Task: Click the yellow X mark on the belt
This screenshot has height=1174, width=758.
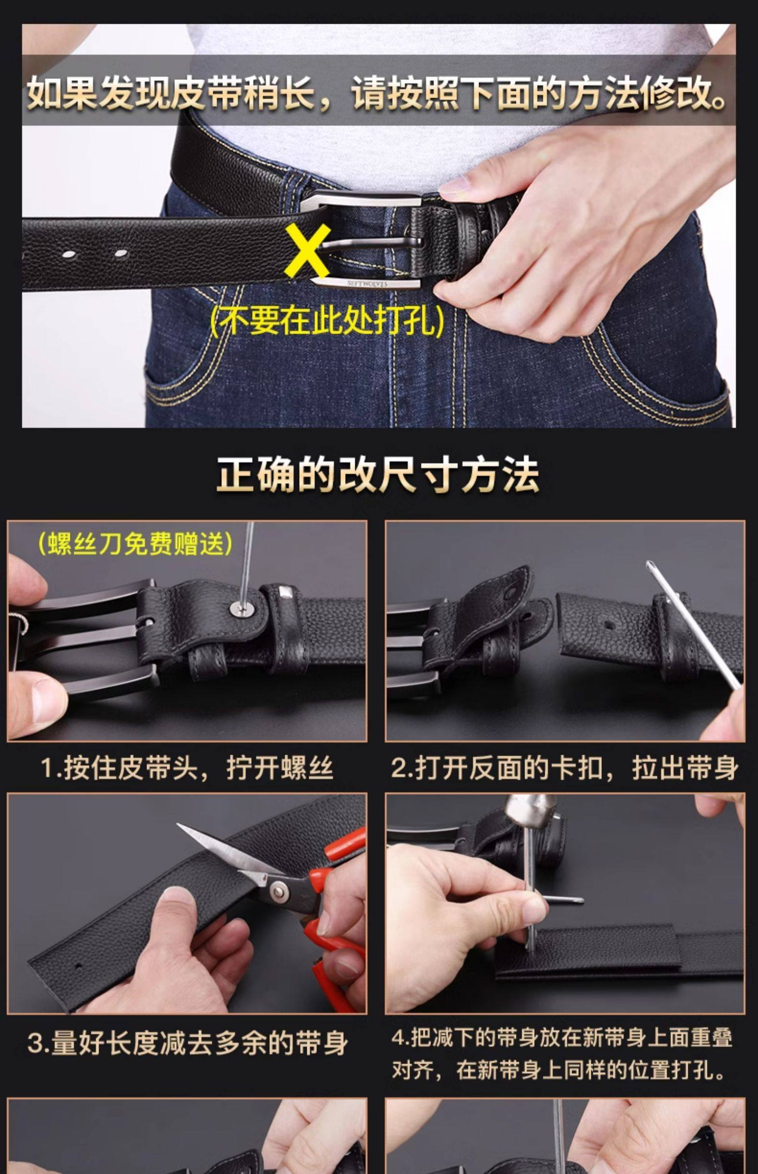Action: [307, 251]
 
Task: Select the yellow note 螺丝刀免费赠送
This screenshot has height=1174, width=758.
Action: [135, 544]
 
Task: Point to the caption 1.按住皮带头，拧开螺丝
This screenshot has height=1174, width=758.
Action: [186, 767]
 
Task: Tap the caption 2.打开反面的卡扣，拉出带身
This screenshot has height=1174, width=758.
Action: [564, 767]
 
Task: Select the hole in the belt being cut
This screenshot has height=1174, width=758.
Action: [78, 966]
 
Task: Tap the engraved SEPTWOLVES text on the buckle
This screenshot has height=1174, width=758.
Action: [367, 284]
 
